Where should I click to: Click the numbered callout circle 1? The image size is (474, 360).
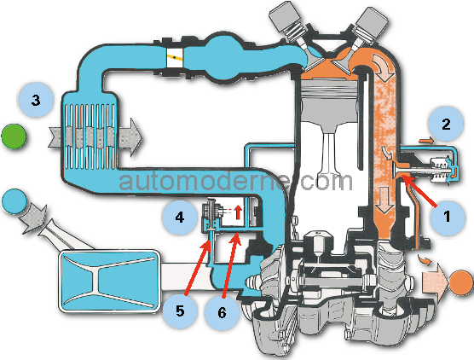pyautogui.click(x=448, y=218)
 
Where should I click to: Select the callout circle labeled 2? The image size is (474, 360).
pyautogui.click(x=446, y=124)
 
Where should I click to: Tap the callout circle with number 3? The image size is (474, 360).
pyautogui.click(x=36, y=100)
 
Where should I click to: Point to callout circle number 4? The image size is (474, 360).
pyautogui.click(x=180, y=218)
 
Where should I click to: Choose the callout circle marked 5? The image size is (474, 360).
pyautogui.click(x=180, y=311)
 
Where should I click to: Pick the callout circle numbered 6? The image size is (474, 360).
pyautogui.click(x=223, y=311)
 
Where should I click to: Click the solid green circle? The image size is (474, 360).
pyautogui.click(x=14, y=136)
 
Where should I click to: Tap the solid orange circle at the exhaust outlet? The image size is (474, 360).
pyautogui.click(x=461, y=282)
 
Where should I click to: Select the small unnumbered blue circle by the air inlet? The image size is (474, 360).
pyautogui.click(x=14, y=201)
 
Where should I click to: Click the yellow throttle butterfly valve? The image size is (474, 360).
pyautogui.click(x=175, y=57)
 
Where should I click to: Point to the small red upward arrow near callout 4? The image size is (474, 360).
pyautogui.click(x=238, y=212)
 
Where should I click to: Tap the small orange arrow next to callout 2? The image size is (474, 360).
pyautogui.click(x=426, y=141)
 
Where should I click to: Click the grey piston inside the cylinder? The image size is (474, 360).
pyautogui.click(x=329, y=104)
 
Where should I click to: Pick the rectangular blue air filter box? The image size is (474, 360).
pyautogui.click(x=109, y=281)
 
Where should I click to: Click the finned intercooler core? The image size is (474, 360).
pyautogui.click(x=90, y=136)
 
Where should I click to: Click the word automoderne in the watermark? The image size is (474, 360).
pyautogui.click(x=204, y=181)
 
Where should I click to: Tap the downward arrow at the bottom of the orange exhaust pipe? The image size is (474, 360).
pyautogui.click(x=384, y=200)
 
